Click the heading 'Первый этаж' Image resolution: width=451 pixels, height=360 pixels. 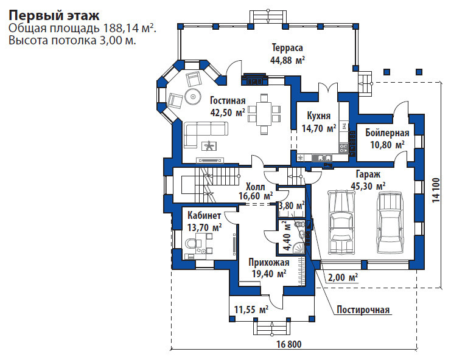54,16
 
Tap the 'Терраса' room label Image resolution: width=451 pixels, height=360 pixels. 287,47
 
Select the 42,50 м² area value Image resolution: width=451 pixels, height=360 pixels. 228,112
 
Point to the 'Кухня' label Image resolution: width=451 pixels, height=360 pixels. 319,116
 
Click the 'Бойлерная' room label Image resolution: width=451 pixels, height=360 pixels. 387,133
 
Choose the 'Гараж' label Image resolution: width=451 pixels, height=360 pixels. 368,174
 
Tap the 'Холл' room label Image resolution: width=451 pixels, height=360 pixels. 256,187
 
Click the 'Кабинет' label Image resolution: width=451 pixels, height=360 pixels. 205,215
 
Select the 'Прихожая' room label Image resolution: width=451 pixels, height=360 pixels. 269,263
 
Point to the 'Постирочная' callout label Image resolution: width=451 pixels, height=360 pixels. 363,310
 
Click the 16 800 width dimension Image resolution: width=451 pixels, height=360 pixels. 289,344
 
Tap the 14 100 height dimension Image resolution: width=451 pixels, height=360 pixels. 436,190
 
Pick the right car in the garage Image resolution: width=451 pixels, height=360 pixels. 390,223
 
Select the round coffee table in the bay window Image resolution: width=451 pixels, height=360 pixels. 192,97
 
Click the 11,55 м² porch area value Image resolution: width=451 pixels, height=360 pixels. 251,310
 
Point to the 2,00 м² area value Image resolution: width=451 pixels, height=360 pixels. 343,277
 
